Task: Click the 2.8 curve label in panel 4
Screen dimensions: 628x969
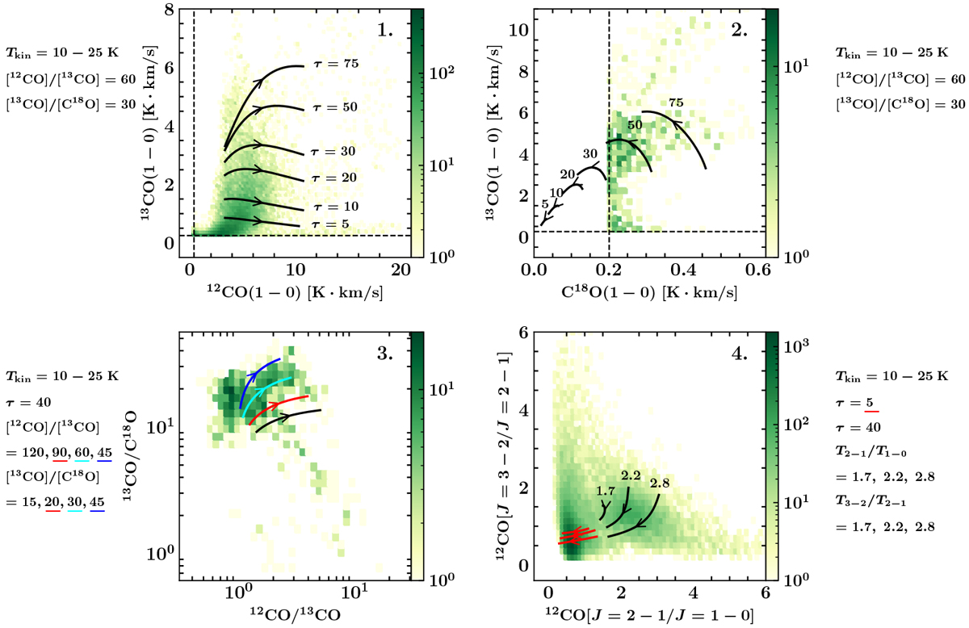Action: tap(659, 484)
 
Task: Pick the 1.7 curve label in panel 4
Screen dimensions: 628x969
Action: tap(606, 491)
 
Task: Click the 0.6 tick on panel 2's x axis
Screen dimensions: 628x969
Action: tap(757, 270)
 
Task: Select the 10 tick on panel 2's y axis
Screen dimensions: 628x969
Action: tap(520, 31)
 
